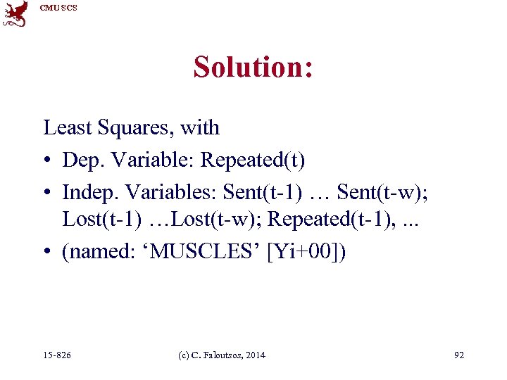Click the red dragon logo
pyautogui.click(x=15, y=13)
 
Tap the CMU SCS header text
pyautogui.click(x=58, y=8)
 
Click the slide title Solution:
pyautogui.click(x=253, y=67)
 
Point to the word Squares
pyautogui.click(x=137, y=128)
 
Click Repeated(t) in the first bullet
pyautogui.click(x=253, y=160)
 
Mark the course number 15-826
pyautogui.click(x=57, y=355)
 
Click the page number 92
pyautogui.click(x=459, y=355)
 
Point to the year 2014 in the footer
pyautogui.click(x=255, y=355)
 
